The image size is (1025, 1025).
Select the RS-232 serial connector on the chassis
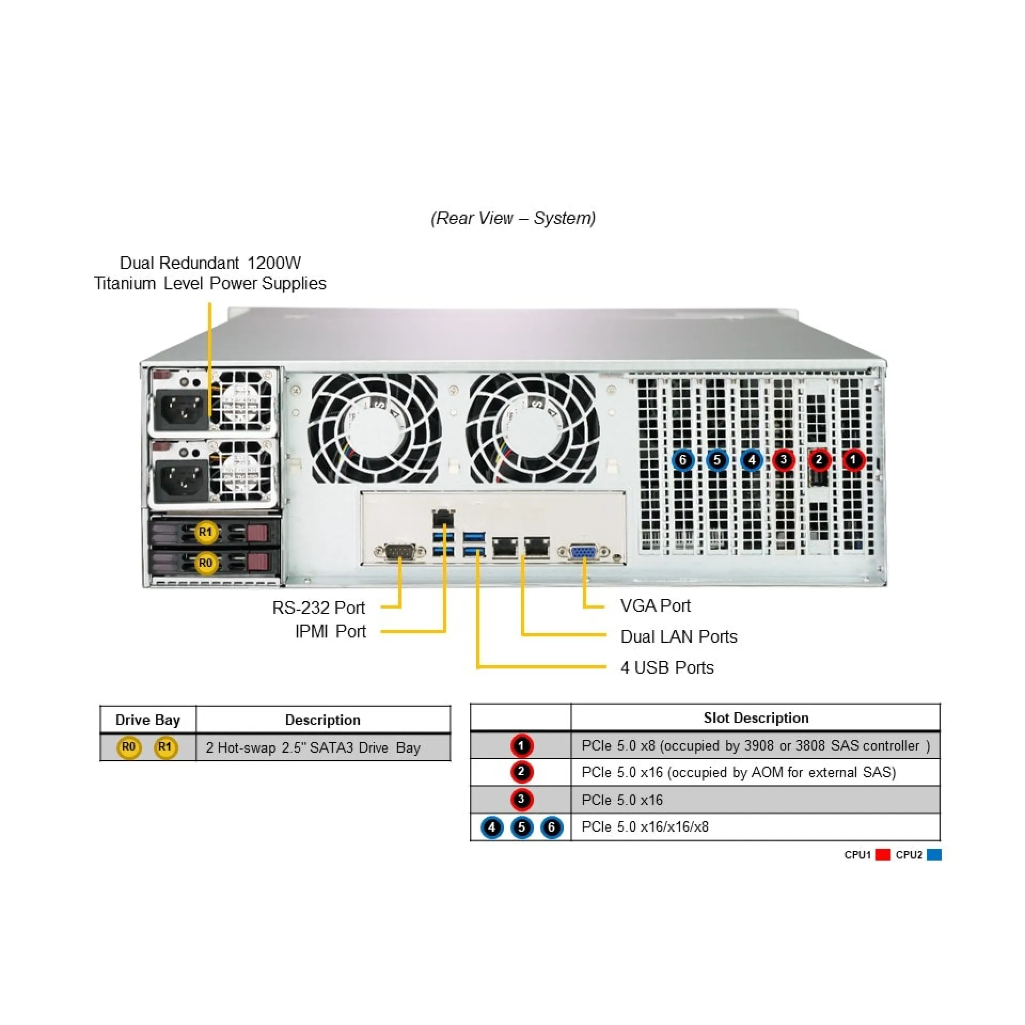click(400, 551)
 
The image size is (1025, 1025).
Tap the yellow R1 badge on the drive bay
click(205, 532)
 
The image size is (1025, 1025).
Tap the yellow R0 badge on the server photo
click(205, 563)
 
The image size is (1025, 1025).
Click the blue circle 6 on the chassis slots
click(683, 460)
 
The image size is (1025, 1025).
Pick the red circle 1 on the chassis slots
click(853, 460)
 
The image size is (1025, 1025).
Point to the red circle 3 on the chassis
click(783, 460)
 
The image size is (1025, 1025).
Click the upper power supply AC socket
click(182, 410)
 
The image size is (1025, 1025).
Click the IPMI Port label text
click(330, 632)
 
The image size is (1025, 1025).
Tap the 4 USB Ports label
click(667, 667)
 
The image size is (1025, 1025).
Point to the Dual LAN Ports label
click(679, 636)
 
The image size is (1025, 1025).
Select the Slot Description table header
click(755, 718)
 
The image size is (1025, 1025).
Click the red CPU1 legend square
click(883, 855)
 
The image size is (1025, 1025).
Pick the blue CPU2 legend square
click(934, 855)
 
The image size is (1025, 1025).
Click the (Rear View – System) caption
click(513, 218)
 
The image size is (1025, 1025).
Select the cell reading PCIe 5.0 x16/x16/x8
click(645, 827)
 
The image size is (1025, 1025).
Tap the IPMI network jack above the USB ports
click(443, 517)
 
